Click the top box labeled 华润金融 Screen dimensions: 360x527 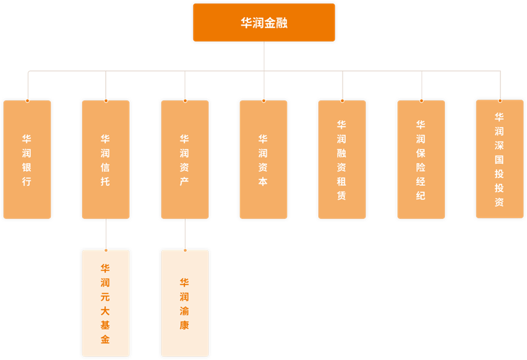[264, 23]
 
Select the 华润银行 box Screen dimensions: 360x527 [27, 160]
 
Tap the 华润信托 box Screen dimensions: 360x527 [105, 160]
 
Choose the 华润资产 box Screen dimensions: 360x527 [185, 160]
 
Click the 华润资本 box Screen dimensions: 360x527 [263, 160]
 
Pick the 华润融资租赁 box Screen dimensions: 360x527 [342, 160]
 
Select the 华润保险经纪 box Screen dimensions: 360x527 [421, 160]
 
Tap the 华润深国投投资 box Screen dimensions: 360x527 [500, 159]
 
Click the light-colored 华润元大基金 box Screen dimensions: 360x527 [105, 303]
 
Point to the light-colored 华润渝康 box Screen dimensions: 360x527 [185, 303]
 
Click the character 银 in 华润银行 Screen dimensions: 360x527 [27, 167]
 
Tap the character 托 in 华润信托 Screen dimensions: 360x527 [105, 182]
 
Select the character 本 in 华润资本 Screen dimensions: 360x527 [263, 182]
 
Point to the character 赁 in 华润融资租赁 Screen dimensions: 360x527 [342, 196]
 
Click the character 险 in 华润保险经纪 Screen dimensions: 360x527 [421, 167]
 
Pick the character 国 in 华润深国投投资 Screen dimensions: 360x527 [500, 160]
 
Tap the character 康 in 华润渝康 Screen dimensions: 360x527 [185, 325]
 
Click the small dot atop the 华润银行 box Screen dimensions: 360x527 [27, 101]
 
